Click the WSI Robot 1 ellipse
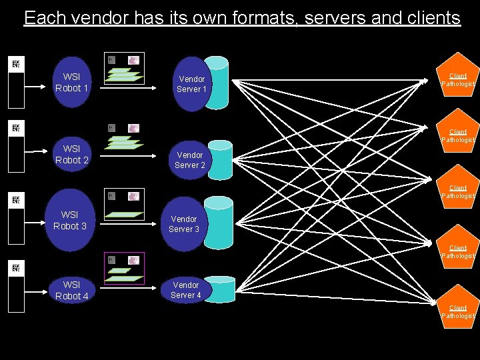coord(72,83)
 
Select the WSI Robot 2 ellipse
coord(72,155)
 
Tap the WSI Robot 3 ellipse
coord(70,221)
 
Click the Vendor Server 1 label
coord(191,84)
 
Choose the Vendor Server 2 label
coord(190,160)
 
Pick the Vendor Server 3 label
coord(184,224)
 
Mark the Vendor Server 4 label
coord(186,290)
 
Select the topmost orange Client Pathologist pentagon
coord(458,79)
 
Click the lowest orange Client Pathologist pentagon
coord(458,309)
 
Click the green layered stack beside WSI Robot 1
coord(125,75)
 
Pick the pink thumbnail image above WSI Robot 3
coord(134,197)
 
